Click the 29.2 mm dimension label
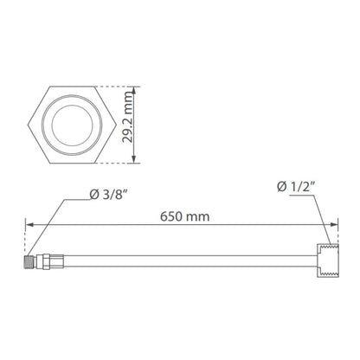[x=127, y=117]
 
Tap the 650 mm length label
[x=184, y=216]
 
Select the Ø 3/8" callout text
[x=108, y=195]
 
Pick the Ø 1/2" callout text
[x=295, y=187]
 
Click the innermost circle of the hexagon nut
[x=72, y=105]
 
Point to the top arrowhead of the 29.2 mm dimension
[x=133, y=90]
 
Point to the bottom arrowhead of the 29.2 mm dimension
[x=133, y=159]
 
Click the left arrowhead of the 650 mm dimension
[x=29, y=224]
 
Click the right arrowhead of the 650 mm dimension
[x=334, y=224]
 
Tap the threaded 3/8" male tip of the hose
[x=29, y=261]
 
